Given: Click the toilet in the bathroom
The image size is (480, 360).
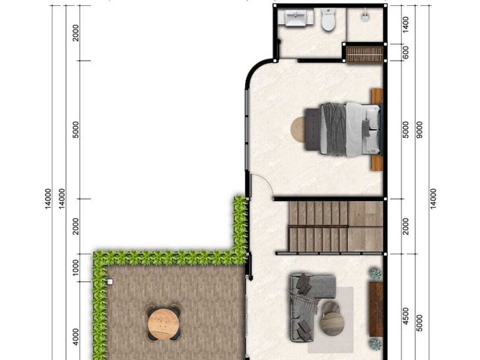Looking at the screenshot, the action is tap(328, 20).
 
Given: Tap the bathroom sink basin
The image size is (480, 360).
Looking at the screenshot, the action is tap(296, 18).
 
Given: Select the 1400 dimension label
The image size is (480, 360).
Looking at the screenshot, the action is tap(405, 25).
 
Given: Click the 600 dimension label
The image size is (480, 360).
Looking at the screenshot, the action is tap(405, 52).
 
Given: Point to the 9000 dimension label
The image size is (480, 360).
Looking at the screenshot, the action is tap(419, 130).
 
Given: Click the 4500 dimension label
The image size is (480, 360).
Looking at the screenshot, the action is tap(405, 316).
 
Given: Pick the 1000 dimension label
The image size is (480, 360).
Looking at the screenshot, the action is tap(76, 268).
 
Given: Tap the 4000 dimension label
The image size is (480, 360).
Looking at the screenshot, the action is tap(76, 337).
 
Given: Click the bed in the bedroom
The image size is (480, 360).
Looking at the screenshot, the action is tap(343, 128).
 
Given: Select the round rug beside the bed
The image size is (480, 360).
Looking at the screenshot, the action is tap(298, 129).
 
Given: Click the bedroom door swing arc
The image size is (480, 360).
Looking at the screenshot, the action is tap(264, 181).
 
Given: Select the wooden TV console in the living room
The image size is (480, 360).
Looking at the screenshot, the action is tap(376, 309).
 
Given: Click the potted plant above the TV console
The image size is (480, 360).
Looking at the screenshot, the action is tap(376, 273).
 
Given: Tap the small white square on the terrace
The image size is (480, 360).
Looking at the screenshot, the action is tap(110, 282).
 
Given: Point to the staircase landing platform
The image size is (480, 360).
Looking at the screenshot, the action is tap(365, 226).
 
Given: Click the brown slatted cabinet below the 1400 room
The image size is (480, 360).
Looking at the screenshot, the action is tap(364, 55).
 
